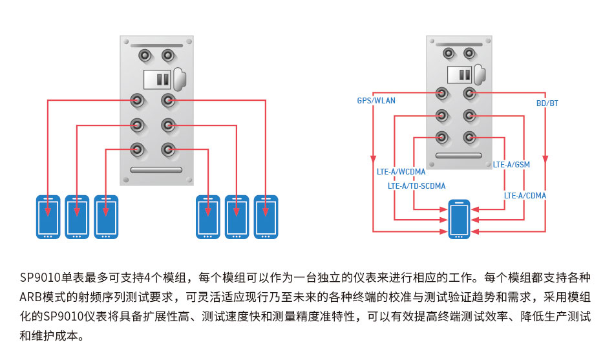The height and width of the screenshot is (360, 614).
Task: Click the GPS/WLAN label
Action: (x=376, y=101)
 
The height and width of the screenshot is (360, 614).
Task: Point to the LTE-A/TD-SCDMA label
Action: (x=416, y=186)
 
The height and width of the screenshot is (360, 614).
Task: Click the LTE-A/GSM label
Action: (x=511, y=165)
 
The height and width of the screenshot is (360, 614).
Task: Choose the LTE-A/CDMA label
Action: (x=525, y=195)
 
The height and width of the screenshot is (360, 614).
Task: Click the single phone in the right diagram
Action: (x=460, y=219)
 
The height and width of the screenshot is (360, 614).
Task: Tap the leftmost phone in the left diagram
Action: (x=48, y=217)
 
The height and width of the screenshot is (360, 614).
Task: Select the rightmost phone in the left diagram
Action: (x=266, y=217)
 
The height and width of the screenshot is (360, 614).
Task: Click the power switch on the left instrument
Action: (x=157, y=79)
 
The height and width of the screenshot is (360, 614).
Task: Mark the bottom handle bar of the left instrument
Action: (x=156, y=170)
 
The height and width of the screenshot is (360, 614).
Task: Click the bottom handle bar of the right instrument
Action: (x=459, y=156)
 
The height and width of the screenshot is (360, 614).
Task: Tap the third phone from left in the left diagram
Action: (x=106, y=217)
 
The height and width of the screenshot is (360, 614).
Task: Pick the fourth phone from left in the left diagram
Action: (x=207, y=217)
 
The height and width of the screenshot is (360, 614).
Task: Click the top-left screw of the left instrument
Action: (x=125, y=41)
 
